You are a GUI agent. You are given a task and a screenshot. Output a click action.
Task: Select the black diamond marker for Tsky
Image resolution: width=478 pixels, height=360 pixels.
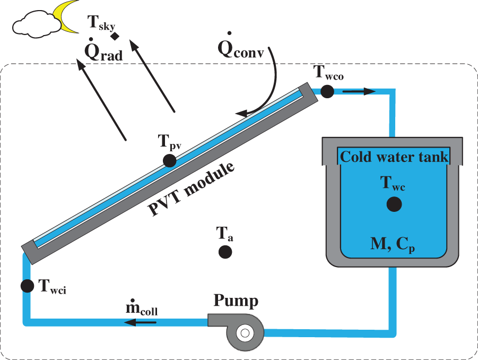pyautogui.click(x=115, y=36)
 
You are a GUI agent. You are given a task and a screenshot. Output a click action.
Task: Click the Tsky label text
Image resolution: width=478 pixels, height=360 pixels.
pyautogui.click(x=101, y=23)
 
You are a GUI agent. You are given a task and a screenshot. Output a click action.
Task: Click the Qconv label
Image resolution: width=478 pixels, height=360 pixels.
pyautogui.click(x=241, y=49)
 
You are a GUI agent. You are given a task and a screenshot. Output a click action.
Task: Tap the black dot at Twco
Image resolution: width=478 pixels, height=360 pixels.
pyautogui.click(x=327, y=91)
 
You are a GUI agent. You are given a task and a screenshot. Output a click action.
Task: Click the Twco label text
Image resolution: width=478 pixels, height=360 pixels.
pyautogui.click(x=329, y=73)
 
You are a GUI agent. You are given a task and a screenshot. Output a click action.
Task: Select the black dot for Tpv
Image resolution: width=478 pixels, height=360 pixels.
pyautogui.click(x=170, y=160)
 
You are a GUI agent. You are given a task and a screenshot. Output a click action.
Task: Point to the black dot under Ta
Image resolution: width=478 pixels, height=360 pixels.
pyautogui.click(x=225, y=252)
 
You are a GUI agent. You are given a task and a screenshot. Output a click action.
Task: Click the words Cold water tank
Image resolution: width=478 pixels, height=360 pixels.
pyautogui.click(x=394, y=157)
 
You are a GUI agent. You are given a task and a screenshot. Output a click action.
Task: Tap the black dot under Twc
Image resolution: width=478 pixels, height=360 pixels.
pyautogui.click(x=394, y=203)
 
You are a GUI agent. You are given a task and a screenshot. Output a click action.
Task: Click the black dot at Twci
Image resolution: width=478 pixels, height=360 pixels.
pyautogui.click(x=28, y=286)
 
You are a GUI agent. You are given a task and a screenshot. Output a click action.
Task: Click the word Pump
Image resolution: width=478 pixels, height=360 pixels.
pyautogui.click(x=236, y=301)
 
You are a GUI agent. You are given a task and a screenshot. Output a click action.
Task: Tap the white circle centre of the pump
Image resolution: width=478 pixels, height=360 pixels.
pyautogui.click(x=245, y=333)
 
